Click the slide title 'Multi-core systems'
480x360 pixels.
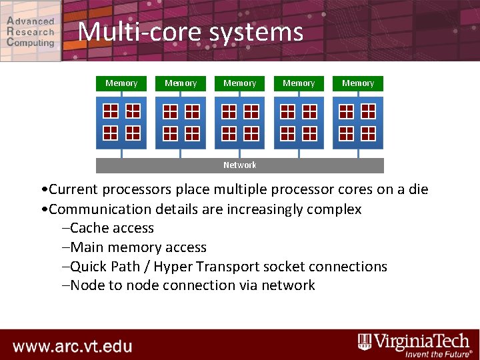tap(190, 31)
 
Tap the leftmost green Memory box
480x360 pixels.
tap(121, 83)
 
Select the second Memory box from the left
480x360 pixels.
tap(181, 83)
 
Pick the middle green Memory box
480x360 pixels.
tap(240, 83)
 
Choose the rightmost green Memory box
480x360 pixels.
tap(358, 83)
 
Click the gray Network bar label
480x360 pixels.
tap(240, 165)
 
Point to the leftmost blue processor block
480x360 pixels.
tap(121, 123)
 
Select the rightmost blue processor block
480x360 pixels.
tap(358, 123)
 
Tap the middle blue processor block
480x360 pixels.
tap(240, 123)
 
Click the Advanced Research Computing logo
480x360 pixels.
tap(31, 31)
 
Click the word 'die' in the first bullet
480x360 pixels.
tap(417, 189)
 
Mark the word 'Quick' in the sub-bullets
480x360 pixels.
tap(90, 267)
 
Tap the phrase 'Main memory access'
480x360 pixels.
tap(138, 247)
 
